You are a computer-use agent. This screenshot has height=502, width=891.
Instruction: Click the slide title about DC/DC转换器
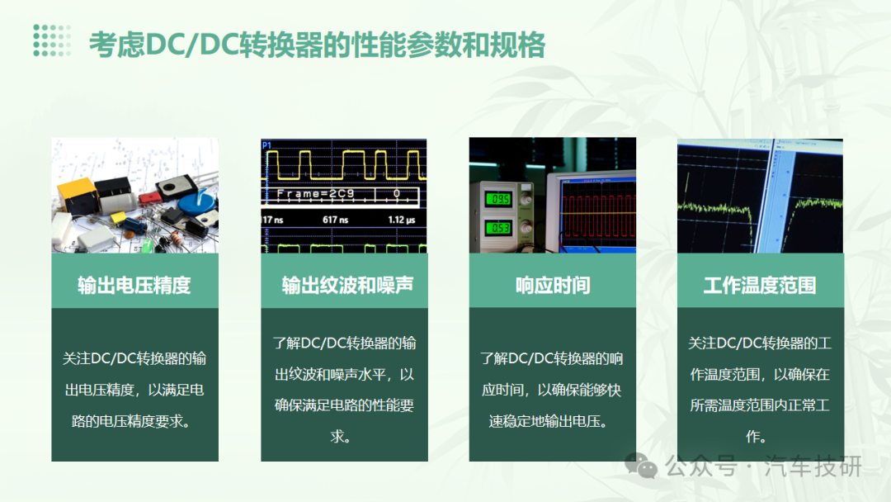click(317, 45)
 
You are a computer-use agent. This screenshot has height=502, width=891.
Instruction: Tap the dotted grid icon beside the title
click(52, 40)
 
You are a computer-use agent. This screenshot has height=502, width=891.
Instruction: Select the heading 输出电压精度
click(134, 285)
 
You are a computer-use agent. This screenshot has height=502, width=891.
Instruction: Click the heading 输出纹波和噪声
click(347, 285)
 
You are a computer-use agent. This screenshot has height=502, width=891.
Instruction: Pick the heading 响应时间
click(552, 285)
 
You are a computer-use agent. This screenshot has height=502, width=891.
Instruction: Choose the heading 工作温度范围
click(760, 285)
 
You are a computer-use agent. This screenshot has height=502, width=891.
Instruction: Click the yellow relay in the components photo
click(78, 194)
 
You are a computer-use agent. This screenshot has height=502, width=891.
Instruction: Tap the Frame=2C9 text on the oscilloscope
click(315, 194)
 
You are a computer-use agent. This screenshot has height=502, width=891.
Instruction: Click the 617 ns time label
click(335, 220)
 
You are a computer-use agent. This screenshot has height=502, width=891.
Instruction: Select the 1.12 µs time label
click(402, 220)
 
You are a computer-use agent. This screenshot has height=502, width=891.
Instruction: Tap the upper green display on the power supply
click(498, 199)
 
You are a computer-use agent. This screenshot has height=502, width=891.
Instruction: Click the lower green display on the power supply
click(498, 227)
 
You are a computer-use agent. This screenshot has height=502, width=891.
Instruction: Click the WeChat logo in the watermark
click(641, 466)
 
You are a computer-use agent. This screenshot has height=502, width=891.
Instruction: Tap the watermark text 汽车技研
click(813, 466)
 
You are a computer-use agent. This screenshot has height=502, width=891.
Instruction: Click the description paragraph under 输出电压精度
click(134, 390)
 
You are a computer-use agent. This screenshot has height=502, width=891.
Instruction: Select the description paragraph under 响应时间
click(552, 390)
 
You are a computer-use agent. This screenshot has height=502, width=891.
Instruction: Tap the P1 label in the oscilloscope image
click(266, 145)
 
